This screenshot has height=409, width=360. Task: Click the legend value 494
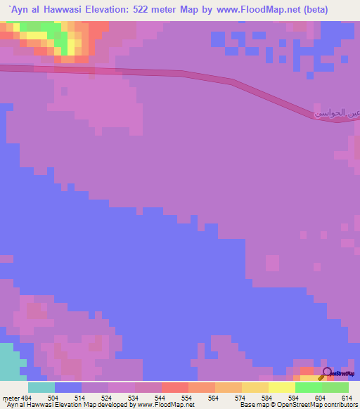pos(26,397)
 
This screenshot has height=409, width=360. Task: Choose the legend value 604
pos(321,397)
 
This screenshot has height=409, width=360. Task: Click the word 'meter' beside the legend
pos(9,397)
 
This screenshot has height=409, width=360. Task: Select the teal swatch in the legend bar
pos(41,387)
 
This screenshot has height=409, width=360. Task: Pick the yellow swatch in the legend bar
pos(281,387)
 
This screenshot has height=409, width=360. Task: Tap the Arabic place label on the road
pos(330,110)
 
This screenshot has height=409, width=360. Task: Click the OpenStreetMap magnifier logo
pos(327,372)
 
